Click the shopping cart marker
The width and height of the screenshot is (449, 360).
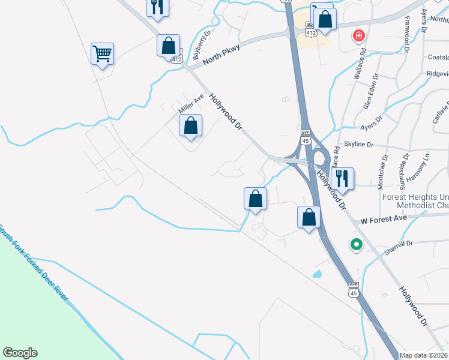pyautogui.click(x=102, y=54)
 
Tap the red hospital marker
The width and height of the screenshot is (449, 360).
pyautogui.click(x=359, y=36)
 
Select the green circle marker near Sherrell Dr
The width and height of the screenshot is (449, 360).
pyautogui.click(x=356, y=244)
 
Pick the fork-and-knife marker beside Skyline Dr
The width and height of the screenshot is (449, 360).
pyautogui.click(x=342, y=178)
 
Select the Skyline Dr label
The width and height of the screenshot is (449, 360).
pyautogui.click(x=359, y=145)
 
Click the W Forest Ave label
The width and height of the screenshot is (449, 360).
pyautogui.click(x=384, y=220)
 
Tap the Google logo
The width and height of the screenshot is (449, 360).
pyautogui.click(x=20, y=353)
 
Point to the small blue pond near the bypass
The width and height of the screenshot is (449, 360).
pyautogui.click(x=316, y=274)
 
